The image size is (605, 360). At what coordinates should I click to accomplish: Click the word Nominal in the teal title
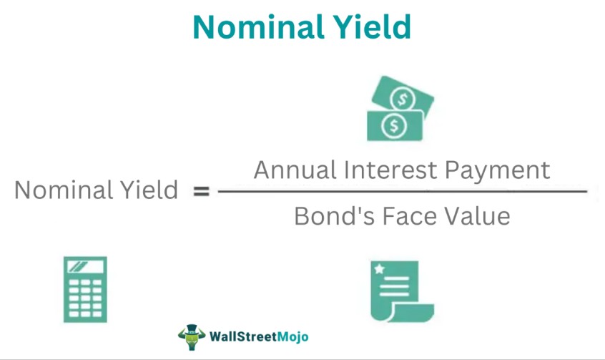tap(257, 27)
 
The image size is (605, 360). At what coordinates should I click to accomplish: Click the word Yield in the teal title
tap(372, 27)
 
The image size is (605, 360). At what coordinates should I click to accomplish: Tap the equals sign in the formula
tap(202, 191)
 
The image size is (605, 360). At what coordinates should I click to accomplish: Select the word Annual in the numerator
tap(295, 170)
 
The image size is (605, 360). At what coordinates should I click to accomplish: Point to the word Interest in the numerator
tap(390, 170)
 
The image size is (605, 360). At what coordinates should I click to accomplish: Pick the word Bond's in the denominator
tap(335, 215)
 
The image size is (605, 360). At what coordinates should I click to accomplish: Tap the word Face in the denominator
tap(409, 215)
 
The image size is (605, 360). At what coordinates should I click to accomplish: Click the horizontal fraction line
tap(403, 191)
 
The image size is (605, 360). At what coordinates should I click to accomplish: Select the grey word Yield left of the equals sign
tap(149, 190)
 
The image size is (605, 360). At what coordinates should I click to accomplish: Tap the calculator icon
tap(85, 289)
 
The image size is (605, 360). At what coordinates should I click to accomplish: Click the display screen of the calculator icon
tap(85, 266)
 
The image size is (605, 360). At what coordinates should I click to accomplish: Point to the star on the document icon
tap(380, 269)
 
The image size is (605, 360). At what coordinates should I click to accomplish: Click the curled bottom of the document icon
tap(412, 313)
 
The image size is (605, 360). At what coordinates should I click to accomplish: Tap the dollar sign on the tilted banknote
tap(403, 99)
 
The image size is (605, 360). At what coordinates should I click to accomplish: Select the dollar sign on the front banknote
tap(394, 125)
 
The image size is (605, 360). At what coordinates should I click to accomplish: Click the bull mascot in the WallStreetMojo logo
tap(192, 337)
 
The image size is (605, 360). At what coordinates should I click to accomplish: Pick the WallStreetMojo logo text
tap(259, 336)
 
